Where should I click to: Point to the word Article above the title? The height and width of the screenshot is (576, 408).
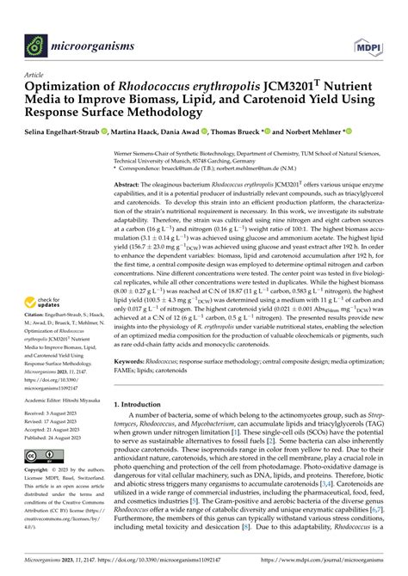[x=35, y=75]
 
